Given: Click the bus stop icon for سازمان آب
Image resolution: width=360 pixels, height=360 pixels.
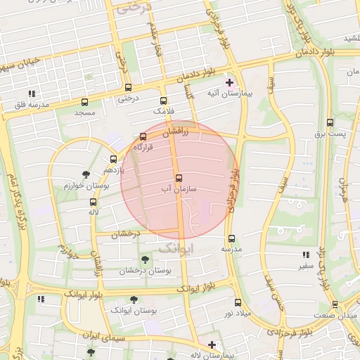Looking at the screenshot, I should pos(178,178).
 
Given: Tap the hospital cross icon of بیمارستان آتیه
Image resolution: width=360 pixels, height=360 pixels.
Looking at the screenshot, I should pos(229,82).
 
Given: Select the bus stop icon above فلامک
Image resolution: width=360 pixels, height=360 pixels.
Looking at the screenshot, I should pos(164,101).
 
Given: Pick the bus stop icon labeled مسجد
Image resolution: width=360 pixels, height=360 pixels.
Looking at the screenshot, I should pos(85,102).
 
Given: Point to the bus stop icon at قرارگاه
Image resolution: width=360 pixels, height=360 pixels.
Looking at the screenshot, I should pos(143,136).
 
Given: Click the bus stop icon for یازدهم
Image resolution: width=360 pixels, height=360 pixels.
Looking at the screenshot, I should pos(113,159).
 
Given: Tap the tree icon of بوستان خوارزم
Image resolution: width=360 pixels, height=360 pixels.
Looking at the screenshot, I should pos(86,174).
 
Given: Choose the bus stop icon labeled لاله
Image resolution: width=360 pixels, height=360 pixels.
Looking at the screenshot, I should pos(93,201).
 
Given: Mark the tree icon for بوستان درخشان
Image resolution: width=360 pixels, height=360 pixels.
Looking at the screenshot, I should pos(145,259).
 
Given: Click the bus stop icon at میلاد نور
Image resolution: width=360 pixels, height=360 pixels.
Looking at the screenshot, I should pos(238,302).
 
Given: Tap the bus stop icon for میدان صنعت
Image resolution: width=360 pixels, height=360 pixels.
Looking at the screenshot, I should pos(335,304).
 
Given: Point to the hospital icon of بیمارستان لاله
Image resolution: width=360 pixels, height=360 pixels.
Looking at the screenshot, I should pos(211,345).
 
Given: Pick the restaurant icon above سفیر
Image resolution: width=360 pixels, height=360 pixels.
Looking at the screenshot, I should pos(304,255).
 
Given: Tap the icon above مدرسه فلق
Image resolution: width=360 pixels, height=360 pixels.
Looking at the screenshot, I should pos(32,93).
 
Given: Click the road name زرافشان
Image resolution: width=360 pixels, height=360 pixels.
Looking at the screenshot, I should pos(176,131).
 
